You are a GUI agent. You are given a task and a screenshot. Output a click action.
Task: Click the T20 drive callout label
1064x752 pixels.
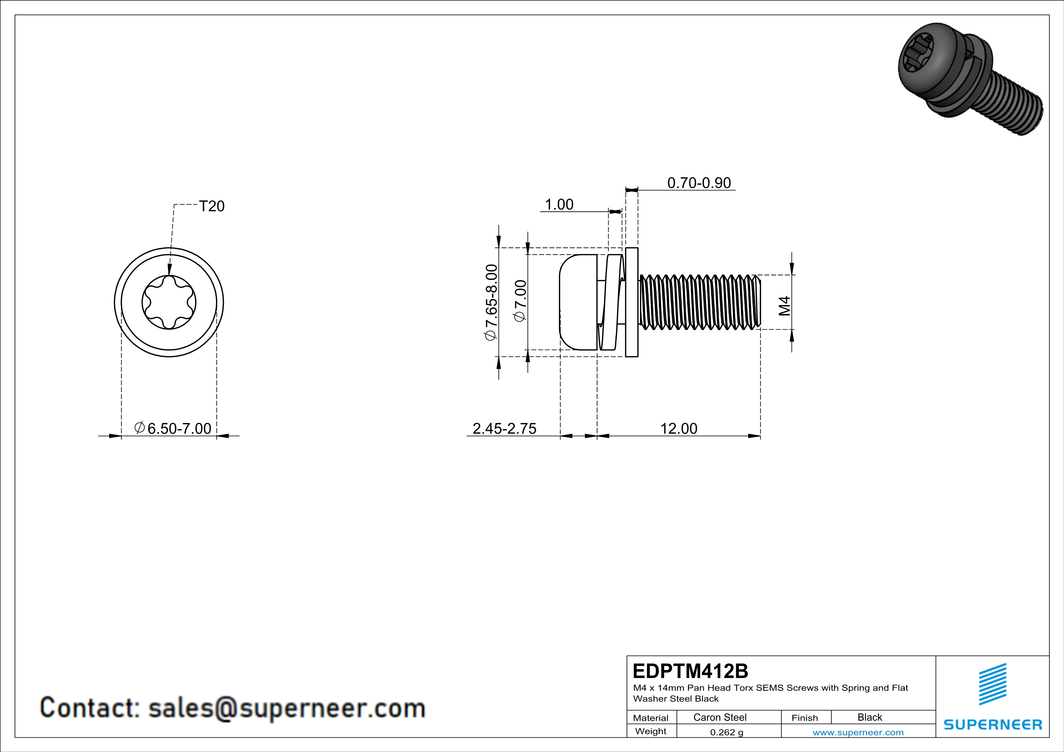tap(211, 206)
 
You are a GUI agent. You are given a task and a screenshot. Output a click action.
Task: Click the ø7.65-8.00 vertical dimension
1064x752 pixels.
tap(491, 302)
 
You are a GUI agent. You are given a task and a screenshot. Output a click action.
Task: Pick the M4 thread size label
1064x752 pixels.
tap(784, 306)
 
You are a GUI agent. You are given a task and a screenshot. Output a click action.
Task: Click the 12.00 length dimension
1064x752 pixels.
tap(678, 428)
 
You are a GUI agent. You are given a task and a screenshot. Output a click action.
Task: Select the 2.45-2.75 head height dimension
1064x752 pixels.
tap(504, 428)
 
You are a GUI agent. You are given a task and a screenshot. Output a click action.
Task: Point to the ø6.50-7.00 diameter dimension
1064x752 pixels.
tap(173, 428)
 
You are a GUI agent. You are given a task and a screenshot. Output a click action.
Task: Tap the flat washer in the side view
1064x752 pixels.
tap(632, 302)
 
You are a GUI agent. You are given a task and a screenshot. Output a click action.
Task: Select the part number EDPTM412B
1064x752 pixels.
tap(690, 671)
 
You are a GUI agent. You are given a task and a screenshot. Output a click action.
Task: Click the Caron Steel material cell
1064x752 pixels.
tap(720, 717)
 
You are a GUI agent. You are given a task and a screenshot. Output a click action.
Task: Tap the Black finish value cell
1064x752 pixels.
tap(869, 717)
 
